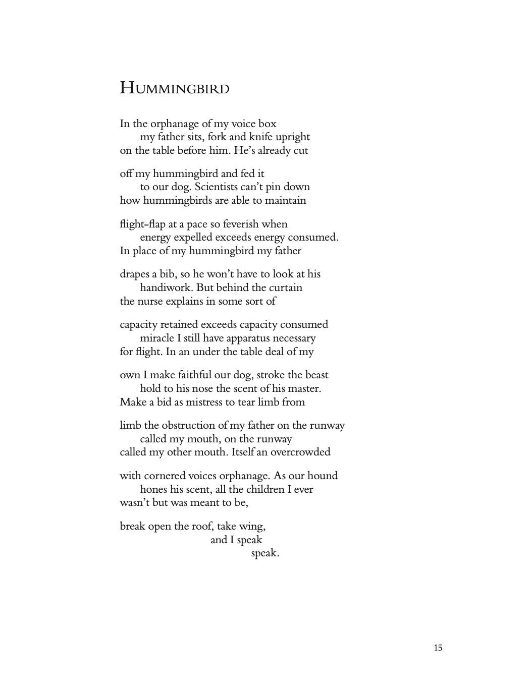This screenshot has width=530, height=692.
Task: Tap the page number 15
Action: [x=438, y=648]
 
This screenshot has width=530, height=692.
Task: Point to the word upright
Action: [x=291, y=137]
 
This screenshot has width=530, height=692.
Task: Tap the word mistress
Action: [x=208, y=402]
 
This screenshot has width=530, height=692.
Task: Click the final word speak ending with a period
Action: [x=265, y=553]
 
